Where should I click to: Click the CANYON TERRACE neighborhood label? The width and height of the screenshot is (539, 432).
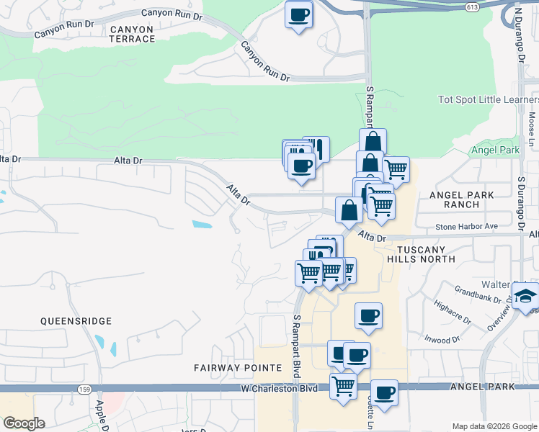tap(132, 34)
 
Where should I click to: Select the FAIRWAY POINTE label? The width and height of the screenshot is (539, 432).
tap(238, 368)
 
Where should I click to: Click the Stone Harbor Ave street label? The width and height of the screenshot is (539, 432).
tap(466, 226)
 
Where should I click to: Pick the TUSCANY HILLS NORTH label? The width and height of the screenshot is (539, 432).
tap(432, 253)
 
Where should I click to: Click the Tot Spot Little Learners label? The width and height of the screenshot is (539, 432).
tap(488, 99)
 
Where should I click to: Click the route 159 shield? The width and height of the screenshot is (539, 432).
tap(84, 390)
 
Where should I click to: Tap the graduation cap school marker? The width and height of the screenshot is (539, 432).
tap(525, 295)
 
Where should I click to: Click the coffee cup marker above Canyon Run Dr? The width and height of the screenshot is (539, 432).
tap(298, 14)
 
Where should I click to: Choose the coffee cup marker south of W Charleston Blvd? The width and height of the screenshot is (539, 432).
tap(385, 392)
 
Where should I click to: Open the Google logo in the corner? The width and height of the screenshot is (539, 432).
tap(24, 423)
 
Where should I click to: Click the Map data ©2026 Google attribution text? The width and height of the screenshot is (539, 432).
tap(494, 426)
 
